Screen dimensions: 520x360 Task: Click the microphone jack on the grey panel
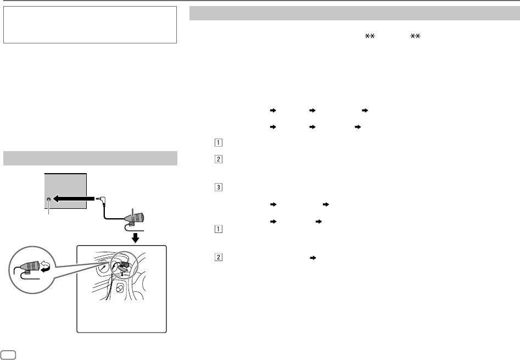[50, 201]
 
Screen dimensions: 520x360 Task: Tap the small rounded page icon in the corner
[8, 352]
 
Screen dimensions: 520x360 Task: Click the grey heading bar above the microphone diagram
[90, 158]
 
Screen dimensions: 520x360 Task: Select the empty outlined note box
[90, 25]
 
